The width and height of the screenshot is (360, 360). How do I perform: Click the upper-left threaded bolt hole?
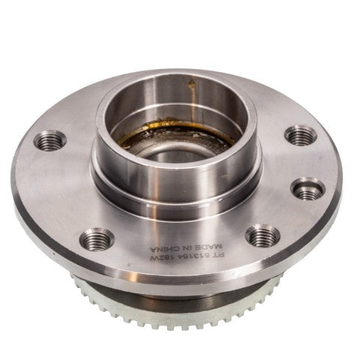pos(52,139)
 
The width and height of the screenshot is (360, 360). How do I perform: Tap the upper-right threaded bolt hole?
pos(300,135)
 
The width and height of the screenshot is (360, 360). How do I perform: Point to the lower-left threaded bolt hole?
pos(97,239)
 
